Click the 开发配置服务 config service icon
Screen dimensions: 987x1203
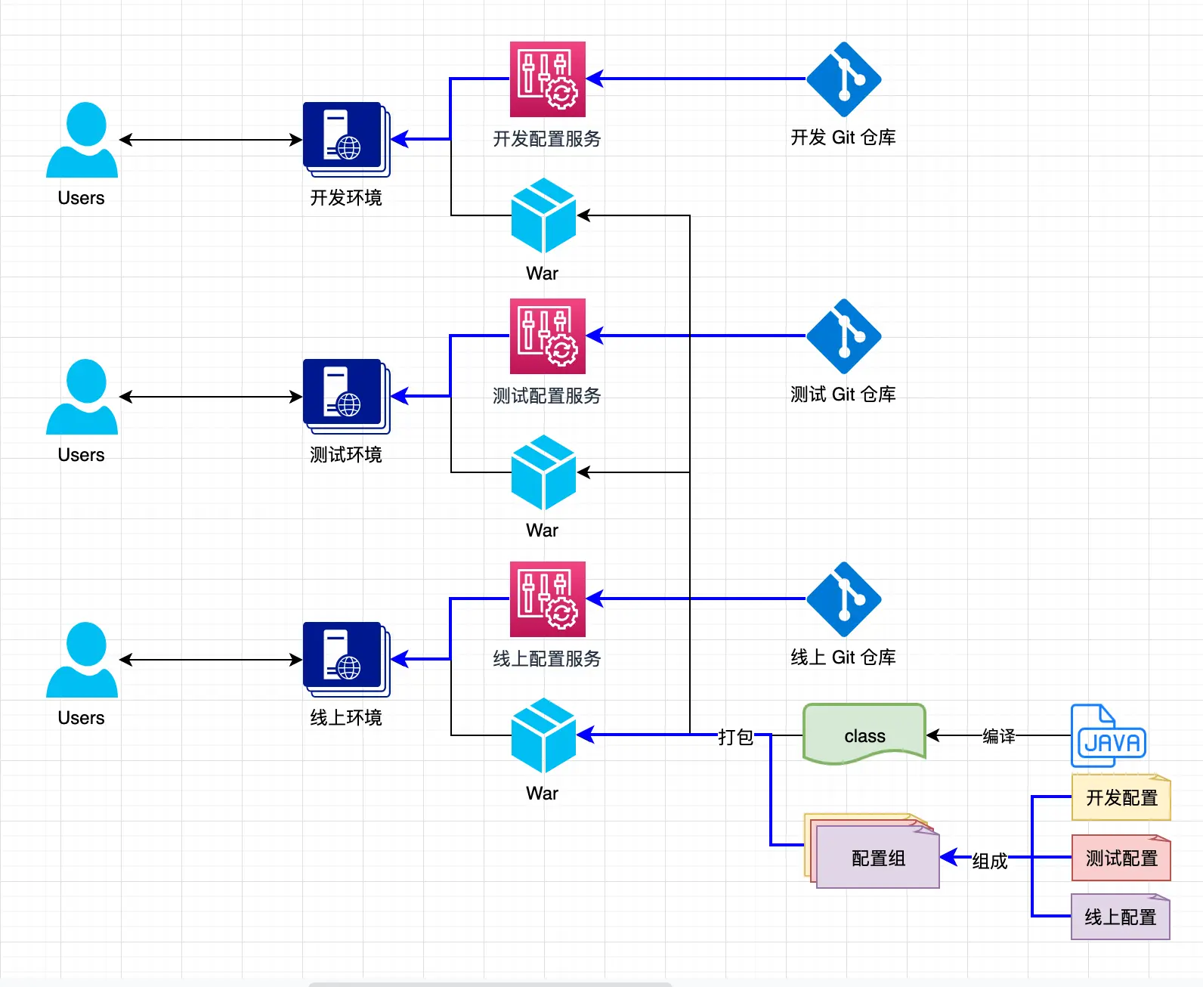[547, 79]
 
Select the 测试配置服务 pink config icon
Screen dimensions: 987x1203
[547, 336]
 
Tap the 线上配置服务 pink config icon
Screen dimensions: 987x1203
[547, 599]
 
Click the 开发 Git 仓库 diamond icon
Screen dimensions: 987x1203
[843, 79]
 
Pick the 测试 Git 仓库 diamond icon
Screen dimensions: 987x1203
[843, 336]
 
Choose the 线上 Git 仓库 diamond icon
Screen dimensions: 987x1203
[843, 599]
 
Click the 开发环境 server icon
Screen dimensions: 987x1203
[345, 138]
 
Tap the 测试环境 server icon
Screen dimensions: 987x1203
[345, 395]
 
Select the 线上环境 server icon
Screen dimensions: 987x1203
[345, 658]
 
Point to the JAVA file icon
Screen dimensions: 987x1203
[1109, 735]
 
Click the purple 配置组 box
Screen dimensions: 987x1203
[877, 857]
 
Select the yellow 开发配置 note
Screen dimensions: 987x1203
[1121, 797]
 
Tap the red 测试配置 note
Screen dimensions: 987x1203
[1121, 858]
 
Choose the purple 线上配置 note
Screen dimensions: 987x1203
[1120, 917]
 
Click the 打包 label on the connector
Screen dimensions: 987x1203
[735, 736]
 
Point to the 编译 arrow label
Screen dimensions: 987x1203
[998, 735]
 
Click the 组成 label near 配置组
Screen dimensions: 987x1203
[989, 860]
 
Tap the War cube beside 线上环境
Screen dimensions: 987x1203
[543, 735]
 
